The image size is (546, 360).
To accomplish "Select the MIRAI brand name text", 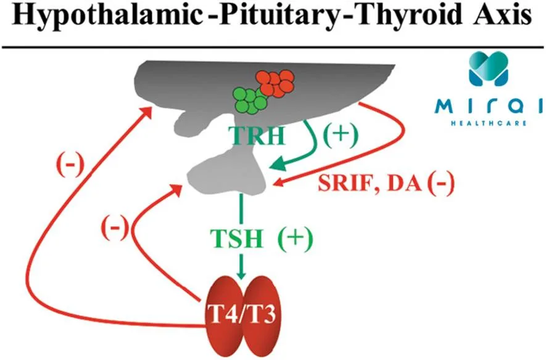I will pyautogui.click(x=490, y=107).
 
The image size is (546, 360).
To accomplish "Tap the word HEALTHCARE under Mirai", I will pyautogui.click(x=490, y=122).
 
